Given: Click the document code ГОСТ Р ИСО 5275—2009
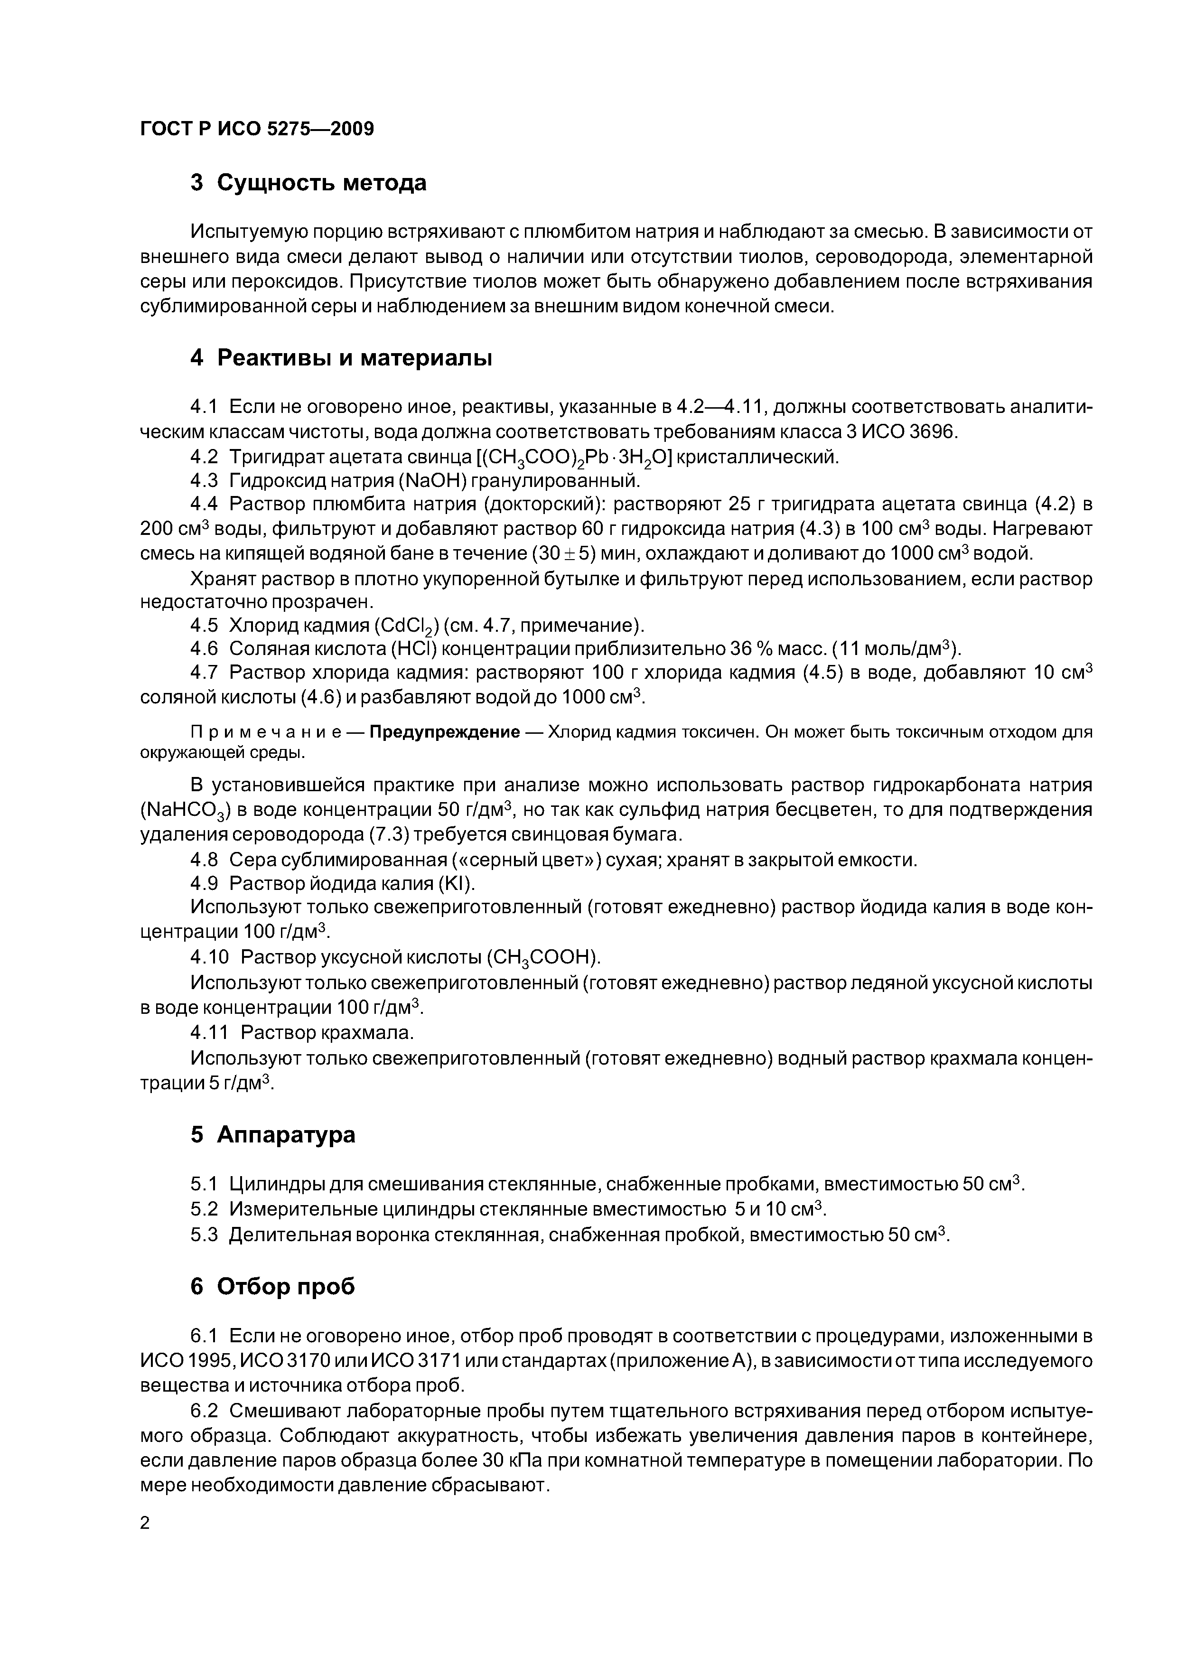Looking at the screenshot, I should point(257,129).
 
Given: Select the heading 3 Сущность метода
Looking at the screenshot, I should point(308,183).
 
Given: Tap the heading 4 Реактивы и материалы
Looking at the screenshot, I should point(341,357).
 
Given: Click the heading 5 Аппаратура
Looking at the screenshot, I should point(273,1134).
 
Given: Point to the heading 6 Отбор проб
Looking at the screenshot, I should point(273,1286).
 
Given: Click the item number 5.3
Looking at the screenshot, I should point(204,1234).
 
